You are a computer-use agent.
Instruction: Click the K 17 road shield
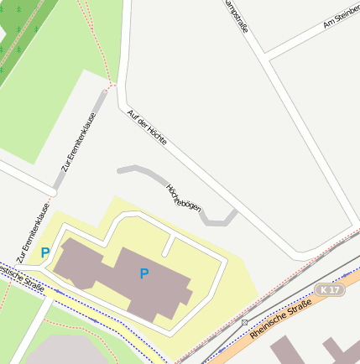pos(331,290)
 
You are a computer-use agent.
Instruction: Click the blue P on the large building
pos(143,273)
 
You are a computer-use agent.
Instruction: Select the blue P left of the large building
pos(45,252)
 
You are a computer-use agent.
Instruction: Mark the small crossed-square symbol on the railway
pos(244,322)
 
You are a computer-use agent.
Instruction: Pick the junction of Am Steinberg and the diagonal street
pos(264,55)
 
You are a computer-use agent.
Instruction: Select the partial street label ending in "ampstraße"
pos(237,17)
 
